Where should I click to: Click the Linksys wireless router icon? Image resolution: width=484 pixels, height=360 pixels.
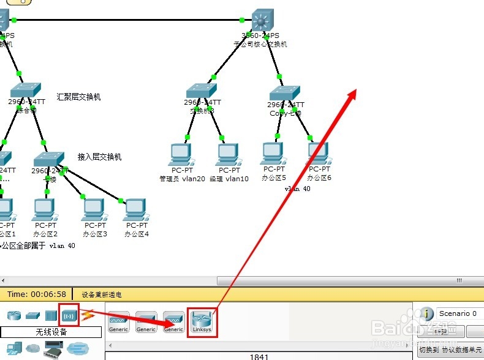coord(202,319)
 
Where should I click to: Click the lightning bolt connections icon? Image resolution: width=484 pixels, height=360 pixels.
coord(88,315)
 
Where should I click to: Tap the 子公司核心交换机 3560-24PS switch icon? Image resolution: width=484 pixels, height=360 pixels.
coord(264,21)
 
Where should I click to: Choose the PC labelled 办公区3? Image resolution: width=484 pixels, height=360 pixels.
coord(95,210)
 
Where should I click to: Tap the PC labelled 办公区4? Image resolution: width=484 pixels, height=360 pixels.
coord(136,210)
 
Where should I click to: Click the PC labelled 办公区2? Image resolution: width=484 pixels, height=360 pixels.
coord(45,210)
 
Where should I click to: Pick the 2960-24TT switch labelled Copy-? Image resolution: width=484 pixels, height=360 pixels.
coord(286,94)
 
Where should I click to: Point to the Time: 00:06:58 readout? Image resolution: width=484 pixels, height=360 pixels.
coord(37,294)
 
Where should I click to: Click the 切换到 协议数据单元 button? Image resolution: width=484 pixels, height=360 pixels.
coord(450,350)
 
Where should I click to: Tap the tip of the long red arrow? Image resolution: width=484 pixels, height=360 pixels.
coord(355,90)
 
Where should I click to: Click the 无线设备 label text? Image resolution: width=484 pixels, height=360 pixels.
coord(51,332)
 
